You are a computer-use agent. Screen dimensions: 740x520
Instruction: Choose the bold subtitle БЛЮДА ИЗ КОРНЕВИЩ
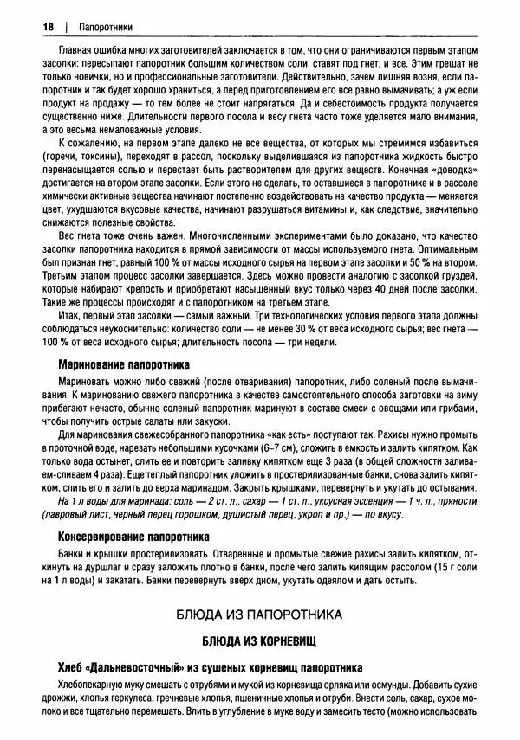[x=259, y=641]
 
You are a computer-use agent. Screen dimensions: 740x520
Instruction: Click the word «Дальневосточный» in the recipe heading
[x=133, y=667]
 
